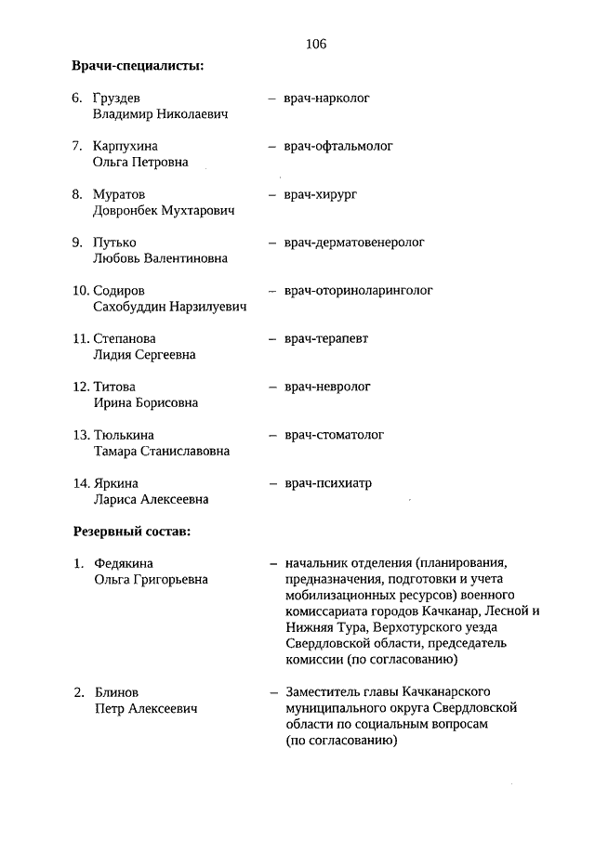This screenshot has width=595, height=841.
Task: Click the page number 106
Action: pos(315,44)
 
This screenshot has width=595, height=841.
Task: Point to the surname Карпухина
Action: pos(126,146)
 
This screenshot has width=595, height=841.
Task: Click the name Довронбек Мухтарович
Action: pos(164,210)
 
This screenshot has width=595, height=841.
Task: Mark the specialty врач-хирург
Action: pos(321,193)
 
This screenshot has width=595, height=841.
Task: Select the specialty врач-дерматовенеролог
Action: pos(354,242)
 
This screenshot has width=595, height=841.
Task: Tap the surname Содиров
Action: pos(119,291)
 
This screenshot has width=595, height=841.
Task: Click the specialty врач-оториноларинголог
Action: pos(359,290)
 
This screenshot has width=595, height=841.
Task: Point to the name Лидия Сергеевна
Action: pos(144,355)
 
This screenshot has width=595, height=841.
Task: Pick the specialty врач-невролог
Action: pos(327,386)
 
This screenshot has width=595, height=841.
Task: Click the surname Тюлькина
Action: pos(124,435)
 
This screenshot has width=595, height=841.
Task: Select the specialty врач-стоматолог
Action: pos(334,434)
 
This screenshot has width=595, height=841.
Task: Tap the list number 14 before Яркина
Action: pos(81,483)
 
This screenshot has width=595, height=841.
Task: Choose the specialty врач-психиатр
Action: pos(328,483)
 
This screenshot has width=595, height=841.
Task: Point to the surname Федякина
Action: pos(125,563)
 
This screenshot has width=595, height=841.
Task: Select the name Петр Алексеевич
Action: pos(144,708)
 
